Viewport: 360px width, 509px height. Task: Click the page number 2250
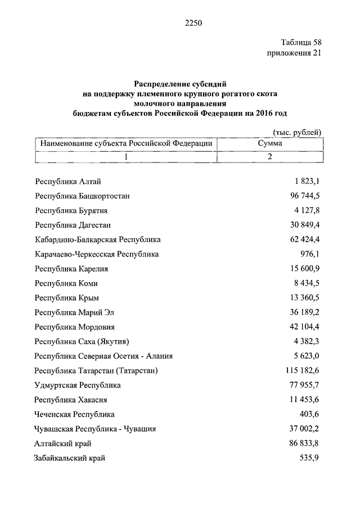tap(192, 23)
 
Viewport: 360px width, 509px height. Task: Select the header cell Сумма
tap(270, 143)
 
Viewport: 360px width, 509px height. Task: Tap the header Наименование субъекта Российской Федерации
tap(127, 143)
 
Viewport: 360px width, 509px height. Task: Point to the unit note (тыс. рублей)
tap(296, 133)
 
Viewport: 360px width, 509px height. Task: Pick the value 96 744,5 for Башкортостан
tap(301, 196)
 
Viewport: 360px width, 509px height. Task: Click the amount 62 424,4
tap(301, 240)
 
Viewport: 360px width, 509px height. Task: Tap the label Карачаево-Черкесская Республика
tap(97, 254)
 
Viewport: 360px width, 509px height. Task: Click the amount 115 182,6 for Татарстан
tap(299, 371)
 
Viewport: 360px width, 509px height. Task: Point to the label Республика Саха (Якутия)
tap(83, 341)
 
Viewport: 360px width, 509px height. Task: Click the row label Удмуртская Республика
tap(78, 385)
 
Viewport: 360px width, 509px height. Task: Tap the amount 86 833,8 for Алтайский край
tap(301, 443)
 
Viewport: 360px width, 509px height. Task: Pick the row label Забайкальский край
tap(70, 458)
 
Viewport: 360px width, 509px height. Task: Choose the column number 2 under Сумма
tap(270, 157)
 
